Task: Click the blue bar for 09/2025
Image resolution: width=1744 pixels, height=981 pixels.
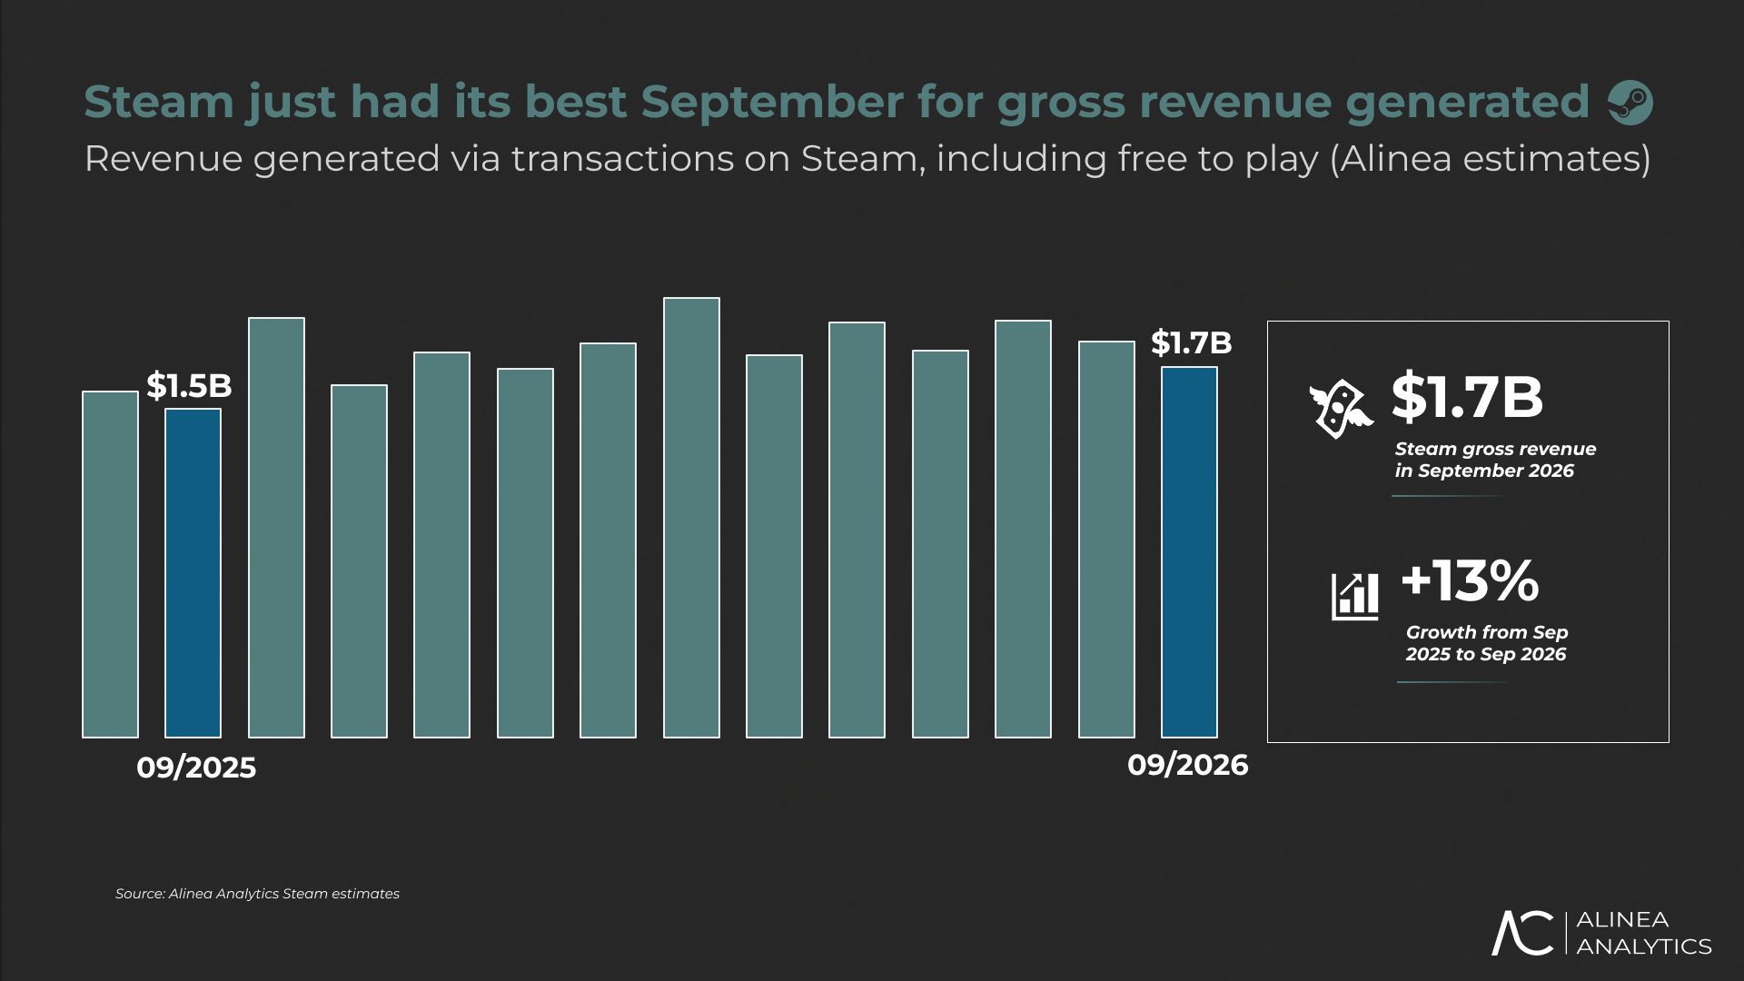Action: coord(193,573)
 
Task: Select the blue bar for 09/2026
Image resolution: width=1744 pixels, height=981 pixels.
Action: coord(1190,552)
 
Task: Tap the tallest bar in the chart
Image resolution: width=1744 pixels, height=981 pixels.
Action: coord(691,518)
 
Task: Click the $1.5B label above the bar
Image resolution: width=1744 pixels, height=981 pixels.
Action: coord(189,386)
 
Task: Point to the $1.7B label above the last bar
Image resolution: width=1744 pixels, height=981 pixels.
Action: coord(1192,342)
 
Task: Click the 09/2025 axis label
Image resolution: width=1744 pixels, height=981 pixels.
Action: coord(196,768)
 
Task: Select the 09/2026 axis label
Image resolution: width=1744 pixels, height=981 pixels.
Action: coord(1188,766)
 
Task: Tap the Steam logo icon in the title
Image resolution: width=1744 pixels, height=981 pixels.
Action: coord(1630,103)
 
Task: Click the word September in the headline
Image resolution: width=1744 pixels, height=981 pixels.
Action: coord(772,102)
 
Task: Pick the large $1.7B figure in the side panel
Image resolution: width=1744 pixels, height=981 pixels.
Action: coord(1467,397)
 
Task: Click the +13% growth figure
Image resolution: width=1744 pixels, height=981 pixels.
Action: coord(1471,581)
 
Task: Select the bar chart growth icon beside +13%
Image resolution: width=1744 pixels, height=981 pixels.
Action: coord(1355,596)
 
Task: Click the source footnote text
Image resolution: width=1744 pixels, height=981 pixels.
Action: coord(257,894)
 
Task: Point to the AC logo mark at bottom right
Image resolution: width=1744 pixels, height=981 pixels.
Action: coord(1523,932)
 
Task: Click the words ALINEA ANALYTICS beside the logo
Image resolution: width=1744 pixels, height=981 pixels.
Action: coord(1644,933)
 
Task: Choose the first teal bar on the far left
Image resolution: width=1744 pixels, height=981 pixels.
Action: coord(110,564)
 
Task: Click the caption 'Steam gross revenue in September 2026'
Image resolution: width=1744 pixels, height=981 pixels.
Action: coord(1495,460)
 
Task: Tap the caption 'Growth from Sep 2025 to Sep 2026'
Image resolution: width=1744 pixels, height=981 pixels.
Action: coord(1487,643)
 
